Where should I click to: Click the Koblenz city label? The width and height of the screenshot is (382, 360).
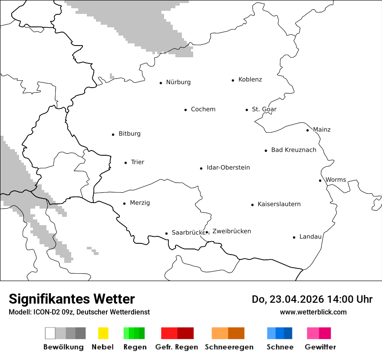tap(250, 79)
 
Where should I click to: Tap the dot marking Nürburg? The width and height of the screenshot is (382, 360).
tap(161, 83)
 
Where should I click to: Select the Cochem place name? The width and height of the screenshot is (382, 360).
tap(203, 109)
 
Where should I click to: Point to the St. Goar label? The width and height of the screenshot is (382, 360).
tap(264, 109)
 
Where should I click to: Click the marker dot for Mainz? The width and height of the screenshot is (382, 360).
tap(307, 130)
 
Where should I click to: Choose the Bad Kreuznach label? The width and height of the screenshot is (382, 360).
tap(293, 150)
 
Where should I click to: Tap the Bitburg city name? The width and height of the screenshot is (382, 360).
tap(129, 134)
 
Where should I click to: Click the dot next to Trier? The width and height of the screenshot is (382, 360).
tap(125, 163)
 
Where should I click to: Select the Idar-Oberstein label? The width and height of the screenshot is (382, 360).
tap(228, 168)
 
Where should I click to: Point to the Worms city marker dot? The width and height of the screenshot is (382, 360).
tap(320, 180)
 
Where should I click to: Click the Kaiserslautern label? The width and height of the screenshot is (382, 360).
tap(279, 204)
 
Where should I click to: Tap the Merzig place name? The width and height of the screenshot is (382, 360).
tap(140, 203)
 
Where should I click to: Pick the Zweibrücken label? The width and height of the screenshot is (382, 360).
tap(231, 231)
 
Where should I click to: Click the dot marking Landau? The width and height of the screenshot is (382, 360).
tap(294, 237)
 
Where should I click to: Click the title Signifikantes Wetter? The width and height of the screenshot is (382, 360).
tap(72, 299)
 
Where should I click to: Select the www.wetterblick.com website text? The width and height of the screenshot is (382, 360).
tap(313, 312)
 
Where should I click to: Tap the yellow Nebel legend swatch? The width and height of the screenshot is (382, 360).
tap(103, 333)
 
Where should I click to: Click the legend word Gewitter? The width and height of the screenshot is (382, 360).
tap(320, 347)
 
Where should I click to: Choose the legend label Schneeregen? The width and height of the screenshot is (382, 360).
tap(229, 347)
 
